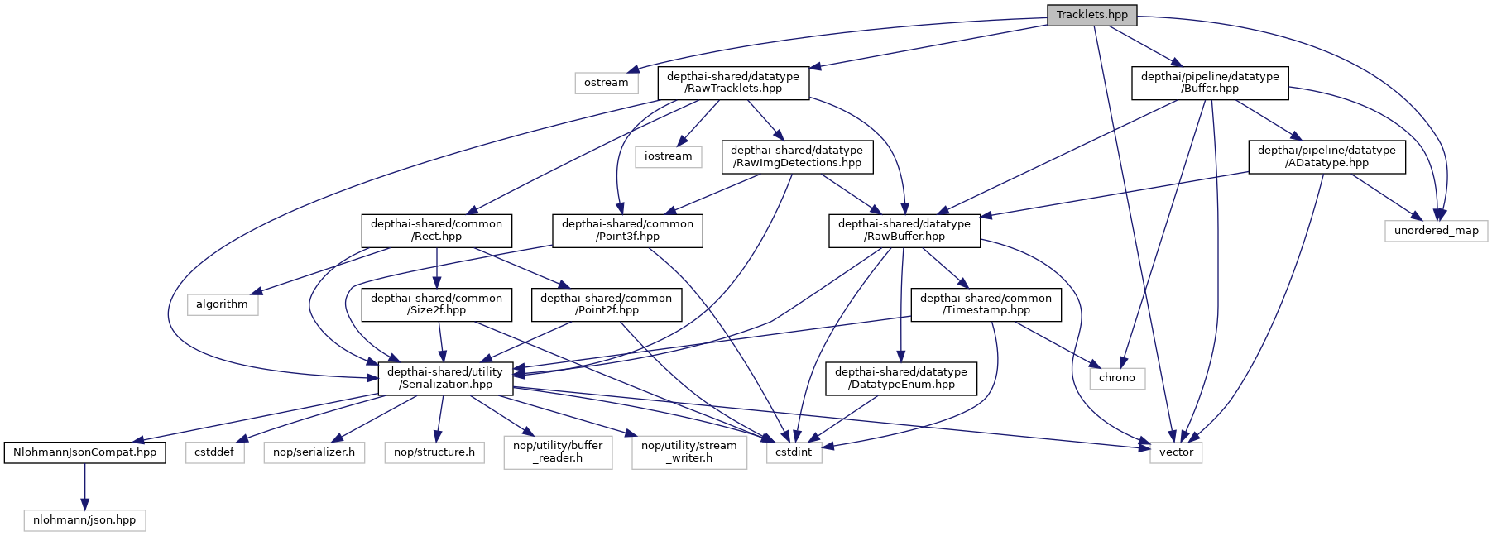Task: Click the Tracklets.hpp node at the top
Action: pyautogui.click(x=1091, y=15)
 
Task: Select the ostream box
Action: pyautogui.click(x=606, y=83)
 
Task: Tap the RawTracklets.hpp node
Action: pyautogui.click(x=732, y=83)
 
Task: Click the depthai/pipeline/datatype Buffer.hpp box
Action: pyautogui.click(x=1209, y=83)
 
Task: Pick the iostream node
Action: pyautogui.click(x=668, y=156)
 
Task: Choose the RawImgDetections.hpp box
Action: pyautogui.click(x=796, y=156)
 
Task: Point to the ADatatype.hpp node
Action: pyautogui.click(x=1326, y=156)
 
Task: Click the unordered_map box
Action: pyautogui.click(x=1436, y=231)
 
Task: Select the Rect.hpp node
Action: pyautogui.click(x=436, y=230)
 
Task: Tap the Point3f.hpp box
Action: pyautogui.click(x=627, y=230)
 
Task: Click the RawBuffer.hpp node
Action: pyautogui.click(x=904, y=230)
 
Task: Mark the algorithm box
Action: pyautogui.click(x=222, y=304)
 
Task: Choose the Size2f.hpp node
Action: pyautogui.click(x=436, y=304)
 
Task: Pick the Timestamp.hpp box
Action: pyautogui.click(x=986, y=304)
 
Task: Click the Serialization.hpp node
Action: pyautogui.click(x=445, y=378)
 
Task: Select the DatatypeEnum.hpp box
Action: pyautogui.click(x=900, y=378)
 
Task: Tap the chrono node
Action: pyautogui.click(x=1116, y=378)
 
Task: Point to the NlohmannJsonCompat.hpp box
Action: pyautogui.click(x=84, y=452)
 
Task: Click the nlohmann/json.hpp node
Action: pyautogui.click(x=84, y=520)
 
